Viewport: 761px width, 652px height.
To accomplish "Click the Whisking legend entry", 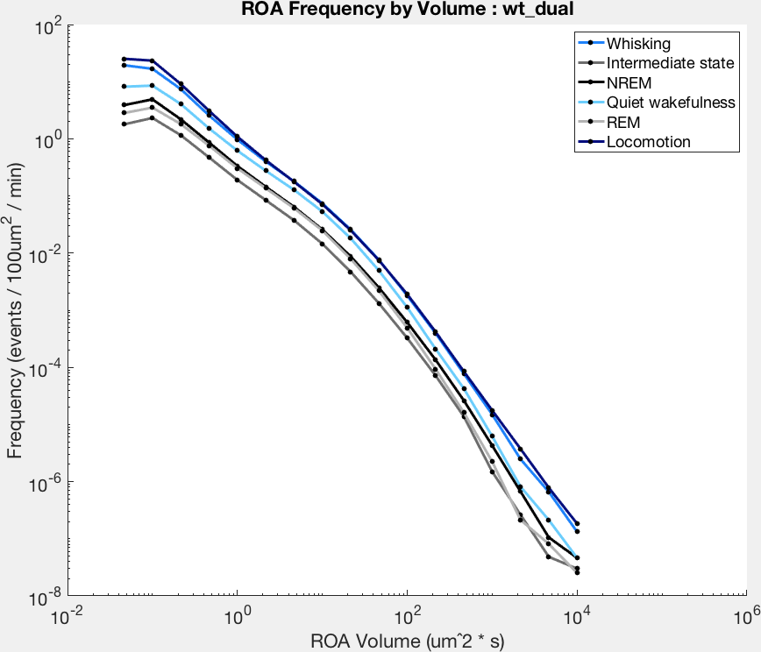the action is [x=638, y=44].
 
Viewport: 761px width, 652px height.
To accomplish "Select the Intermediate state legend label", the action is [x=670, y=63].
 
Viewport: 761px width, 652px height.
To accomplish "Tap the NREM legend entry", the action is [x=629, y=83].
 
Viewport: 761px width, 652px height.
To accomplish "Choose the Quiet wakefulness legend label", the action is [x=671, y=103].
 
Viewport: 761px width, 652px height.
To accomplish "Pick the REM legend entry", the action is [x=623, y=123].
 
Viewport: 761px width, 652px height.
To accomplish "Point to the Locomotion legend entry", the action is [x=649, y=142].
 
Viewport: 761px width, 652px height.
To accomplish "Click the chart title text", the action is [x=407, y=9].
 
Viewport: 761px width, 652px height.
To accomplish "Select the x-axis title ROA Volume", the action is [x=407, y=641].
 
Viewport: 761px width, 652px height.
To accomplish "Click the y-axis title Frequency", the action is [x=15, y=310].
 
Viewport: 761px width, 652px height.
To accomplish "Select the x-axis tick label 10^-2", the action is [x=67, y=617].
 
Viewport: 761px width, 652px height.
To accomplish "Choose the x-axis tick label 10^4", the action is [x=578, y=617].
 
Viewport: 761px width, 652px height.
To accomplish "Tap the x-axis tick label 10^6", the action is [x=747, y=617].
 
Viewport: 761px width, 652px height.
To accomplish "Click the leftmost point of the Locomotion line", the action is [x=124, y=59].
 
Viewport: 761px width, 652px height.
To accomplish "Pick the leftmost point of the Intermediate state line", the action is [x=124, y=124].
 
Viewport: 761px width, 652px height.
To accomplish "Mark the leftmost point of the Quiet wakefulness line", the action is [x=124, y=87].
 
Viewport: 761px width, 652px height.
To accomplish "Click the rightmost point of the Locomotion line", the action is [x=577, y=523].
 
